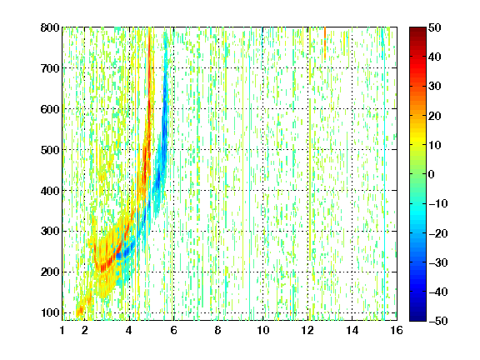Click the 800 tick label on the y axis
(x=50, y=27)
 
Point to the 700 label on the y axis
(x=50, y=68)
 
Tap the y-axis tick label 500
(x=50, y=150)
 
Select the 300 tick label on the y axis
(x=50, y=231)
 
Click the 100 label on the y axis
(x=50, y=312)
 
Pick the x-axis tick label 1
(x=62, y=330)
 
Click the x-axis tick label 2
(x=85, y=330)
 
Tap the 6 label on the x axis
(x=174, y=330)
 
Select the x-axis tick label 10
(x=263, y=330)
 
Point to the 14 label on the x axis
(x=352, y=330)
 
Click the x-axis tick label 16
(x=397, y=330)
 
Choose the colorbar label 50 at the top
(x=435, y=27)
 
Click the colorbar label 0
(x=432, y=174)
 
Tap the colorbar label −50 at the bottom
(x=438, y=321)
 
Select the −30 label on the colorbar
(x=438, y=262)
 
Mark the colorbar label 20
(x=435, y=116)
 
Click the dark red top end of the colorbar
(x=417, y=28)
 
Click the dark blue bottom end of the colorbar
(x=417, y=319)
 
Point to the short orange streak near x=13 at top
(x=325, y=42)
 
